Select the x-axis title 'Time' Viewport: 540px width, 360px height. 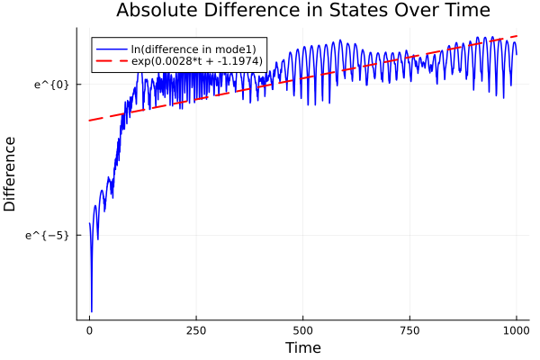pos(302,347)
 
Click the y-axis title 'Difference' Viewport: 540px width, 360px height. pos(11,174)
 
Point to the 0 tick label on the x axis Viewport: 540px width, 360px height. pos(89,329)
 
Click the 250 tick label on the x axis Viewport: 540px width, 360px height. pos(196,329)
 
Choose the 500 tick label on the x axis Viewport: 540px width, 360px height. pos(302,329)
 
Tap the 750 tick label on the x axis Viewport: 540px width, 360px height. pos(409,329)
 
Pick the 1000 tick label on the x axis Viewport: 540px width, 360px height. pos(516,329)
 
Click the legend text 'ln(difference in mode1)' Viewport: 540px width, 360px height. pos(193,49)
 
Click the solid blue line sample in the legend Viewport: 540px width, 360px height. pos(112,49)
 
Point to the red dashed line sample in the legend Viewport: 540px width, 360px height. pos(112,61)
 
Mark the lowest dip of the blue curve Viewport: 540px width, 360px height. pos(92,311)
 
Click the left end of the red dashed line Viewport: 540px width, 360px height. pos(89,121)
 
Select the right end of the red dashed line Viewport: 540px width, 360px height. pos(517,36)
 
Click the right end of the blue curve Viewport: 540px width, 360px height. pos(517,54)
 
